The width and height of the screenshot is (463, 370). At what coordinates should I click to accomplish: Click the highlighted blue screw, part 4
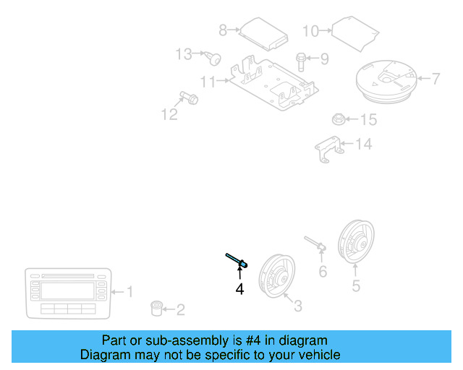click(x=237, y=260)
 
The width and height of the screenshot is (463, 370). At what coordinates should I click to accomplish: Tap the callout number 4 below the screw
click(x=239, y=289)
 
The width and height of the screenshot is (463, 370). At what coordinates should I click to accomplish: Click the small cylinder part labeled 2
click(x=155, y=309)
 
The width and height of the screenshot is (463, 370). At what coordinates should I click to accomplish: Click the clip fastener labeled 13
click(x=328, y=148)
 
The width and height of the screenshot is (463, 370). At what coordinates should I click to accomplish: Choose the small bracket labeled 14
click(x=337, y=119)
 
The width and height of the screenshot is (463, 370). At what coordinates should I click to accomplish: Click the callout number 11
click(x=208, y=82)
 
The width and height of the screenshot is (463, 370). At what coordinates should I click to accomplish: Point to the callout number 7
click(x=436, y=79)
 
